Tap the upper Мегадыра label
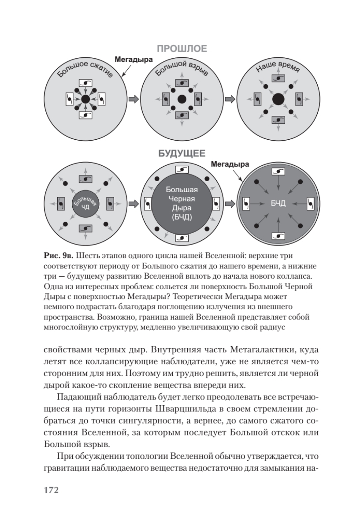[x=134, y=59]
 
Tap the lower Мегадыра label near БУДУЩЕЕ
[x=230, y=164]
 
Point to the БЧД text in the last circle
[x=278, y=204]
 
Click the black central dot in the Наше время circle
[x=278, y=100]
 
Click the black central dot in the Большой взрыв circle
[x=181, y=100]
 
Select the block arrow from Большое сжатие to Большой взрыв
[x=133, y=100]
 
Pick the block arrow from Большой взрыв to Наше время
[x=230, y=100]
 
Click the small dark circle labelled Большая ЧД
[x=85, y=204]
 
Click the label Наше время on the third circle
[x=278, y=69]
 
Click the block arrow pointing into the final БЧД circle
[x=230, y=204]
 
